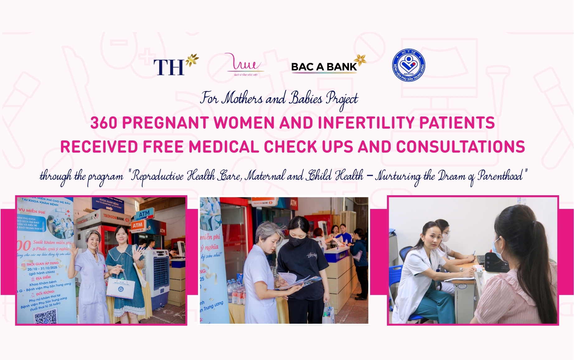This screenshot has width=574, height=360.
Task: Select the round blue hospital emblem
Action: pos(408,65)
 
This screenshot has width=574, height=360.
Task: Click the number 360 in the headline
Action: pos(103,123)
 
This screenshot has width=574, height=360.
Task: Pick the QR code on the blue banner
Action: pos(45,316)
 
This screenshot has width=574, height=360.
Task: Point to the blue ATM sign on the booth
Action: pos(144,215)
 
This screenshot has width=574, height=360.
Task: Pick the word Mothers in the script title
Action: pos(243,98)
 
